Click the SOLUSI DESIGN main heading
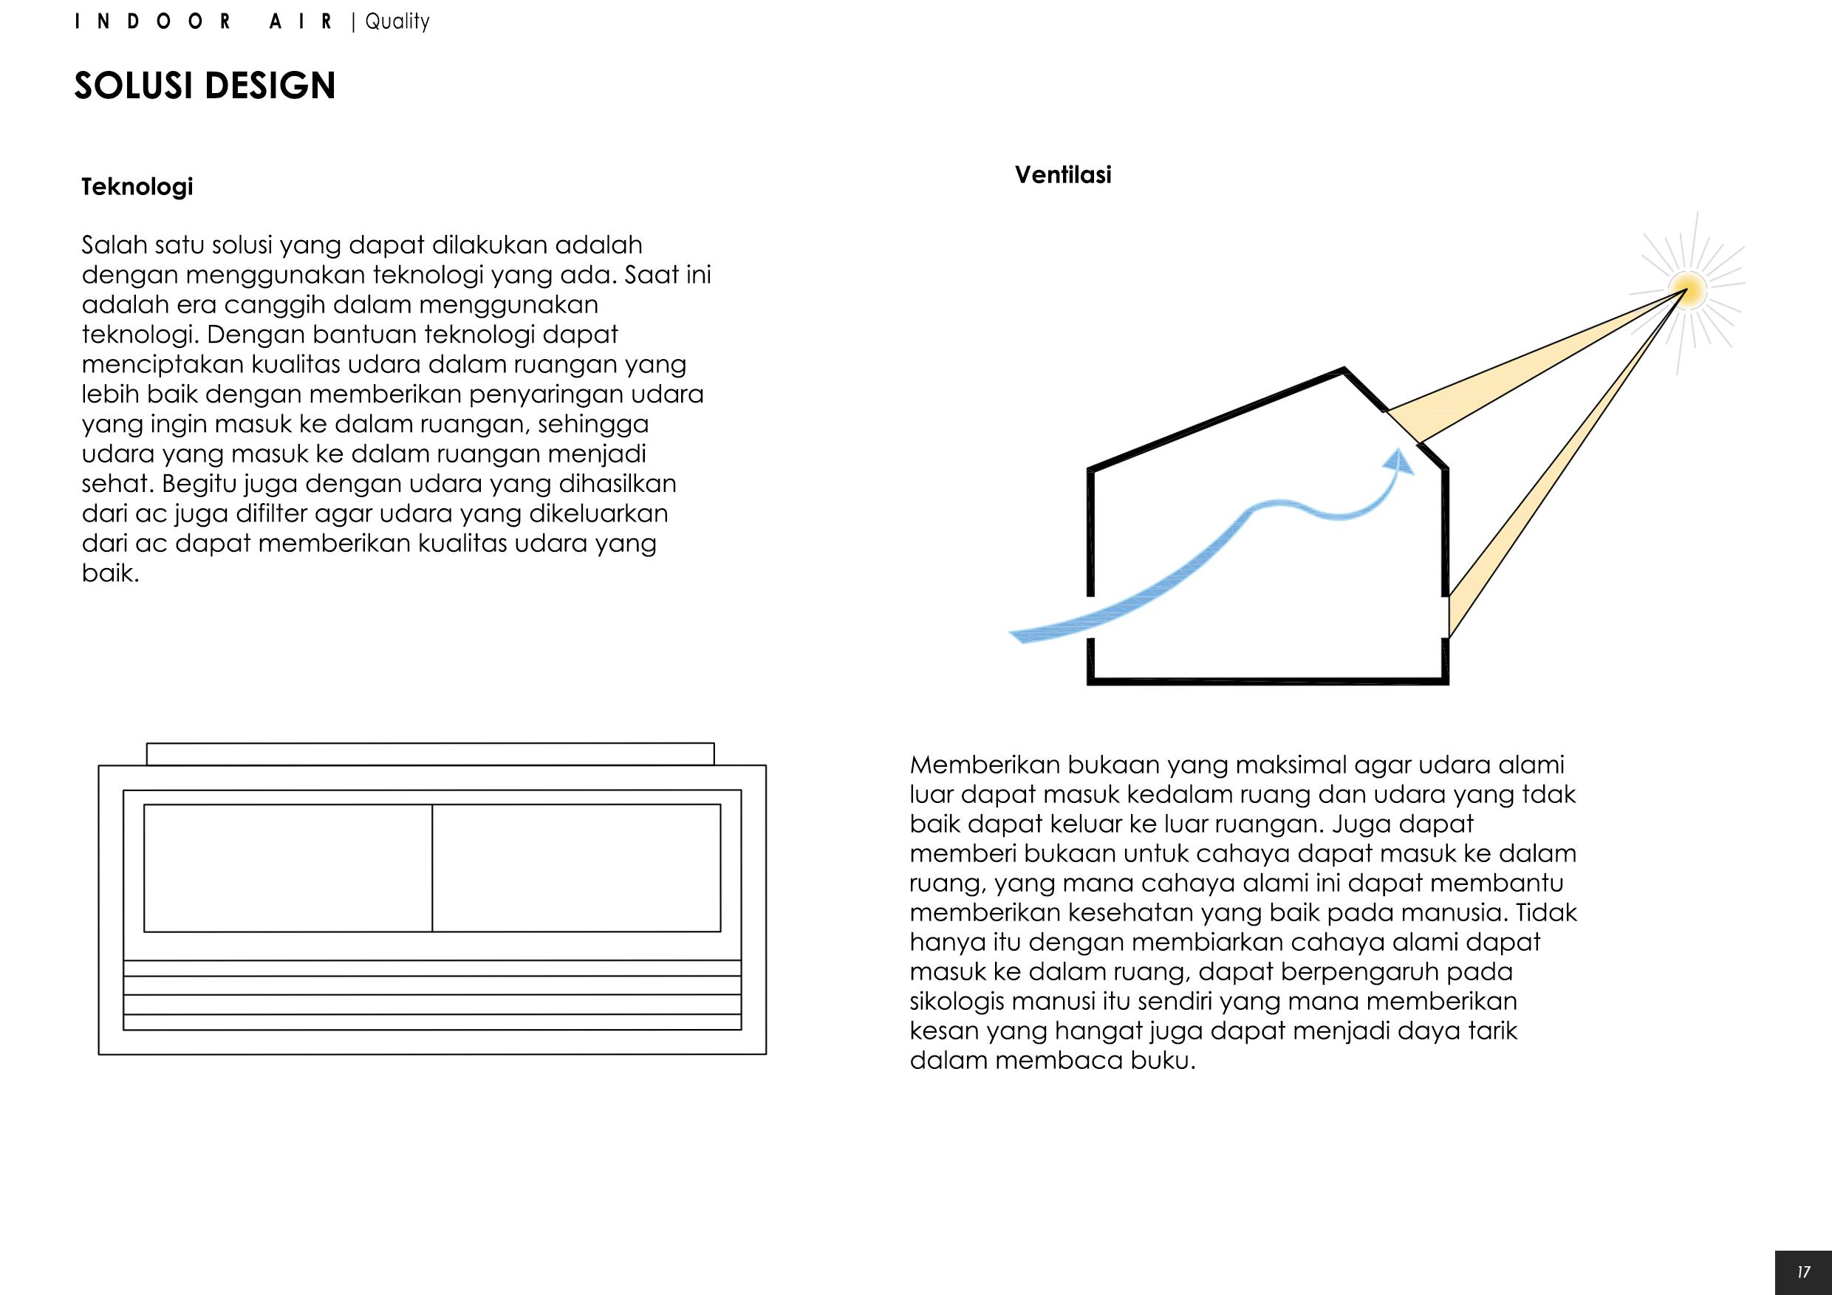205,86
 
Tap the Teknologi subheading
137,187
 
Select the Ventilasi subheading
1063,175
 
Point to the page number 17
1804,1272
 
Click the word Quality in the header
397,21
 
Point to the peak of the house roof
1344,369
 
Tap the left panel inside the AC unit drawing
288,867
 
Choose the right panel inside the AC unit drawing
576,867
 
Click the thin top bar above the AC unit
430,754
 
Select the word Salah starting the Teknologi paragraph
112,245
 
